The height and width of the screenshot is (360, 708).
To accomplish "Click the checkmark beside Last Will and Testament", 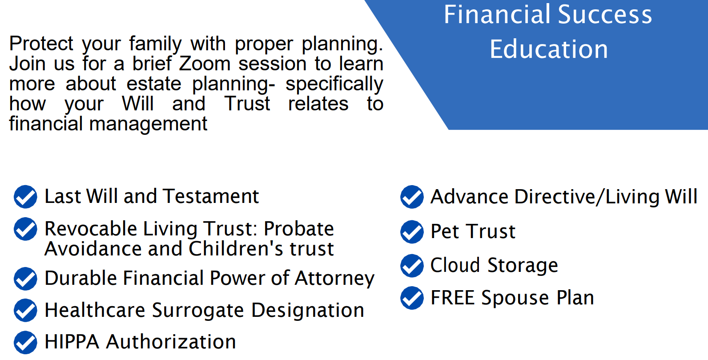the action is tap(25, 197).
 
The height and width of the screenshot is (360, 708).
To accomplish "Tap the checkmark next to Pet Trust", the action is tap(412, 232).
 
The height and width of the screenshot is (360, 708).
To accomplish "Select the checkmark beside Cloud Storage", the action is tap(412, 266).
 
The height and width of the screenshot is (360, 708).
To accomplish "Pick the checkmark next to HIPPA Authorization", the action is tap(25, 343).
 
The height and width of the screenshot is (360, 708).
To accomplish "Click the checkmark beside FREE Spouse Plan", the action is tap(412, 298).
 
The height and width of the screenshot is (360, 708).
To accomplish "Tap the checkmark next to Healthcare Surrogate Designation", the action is tap(25, 310).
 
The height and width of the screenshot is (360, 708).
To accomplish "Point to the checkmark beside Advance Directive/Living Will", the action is tap(412, 197).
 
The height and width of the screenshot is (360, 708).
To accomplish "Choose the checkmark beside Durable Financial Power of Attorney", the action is tap(25, 279).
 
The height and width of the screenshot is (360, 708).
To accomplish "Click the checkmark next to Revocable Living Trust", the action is tap(25, 229).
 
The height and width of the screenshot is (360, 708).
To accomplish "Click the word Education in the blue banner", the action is tap(549, 49).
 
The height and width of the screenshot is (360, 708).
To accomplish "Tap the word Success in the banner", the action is tap(605, 14).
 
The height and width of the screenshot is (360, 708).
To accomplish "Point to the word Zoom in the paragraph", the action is tap(205, 64).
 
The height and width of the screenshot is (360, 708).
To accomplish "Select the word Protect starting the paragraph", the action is tap(41, 43).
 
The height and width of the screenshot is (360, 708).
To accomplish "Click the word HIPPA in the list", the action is tap(72, 342).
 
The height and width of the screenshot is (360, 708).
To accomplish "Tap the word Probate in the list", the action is tap(299, 228).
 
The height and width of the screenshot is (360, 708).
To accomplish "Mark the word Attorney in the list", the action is tap(334, 279).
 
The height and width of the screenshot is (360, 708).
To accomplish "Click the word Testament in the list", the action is tap(212, 196).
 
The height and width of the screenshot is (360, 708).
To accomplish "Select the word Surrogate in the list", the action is tap(198, 311).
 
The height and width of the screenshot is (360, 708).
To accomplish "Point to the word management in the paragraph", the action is tap(148, 124).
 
